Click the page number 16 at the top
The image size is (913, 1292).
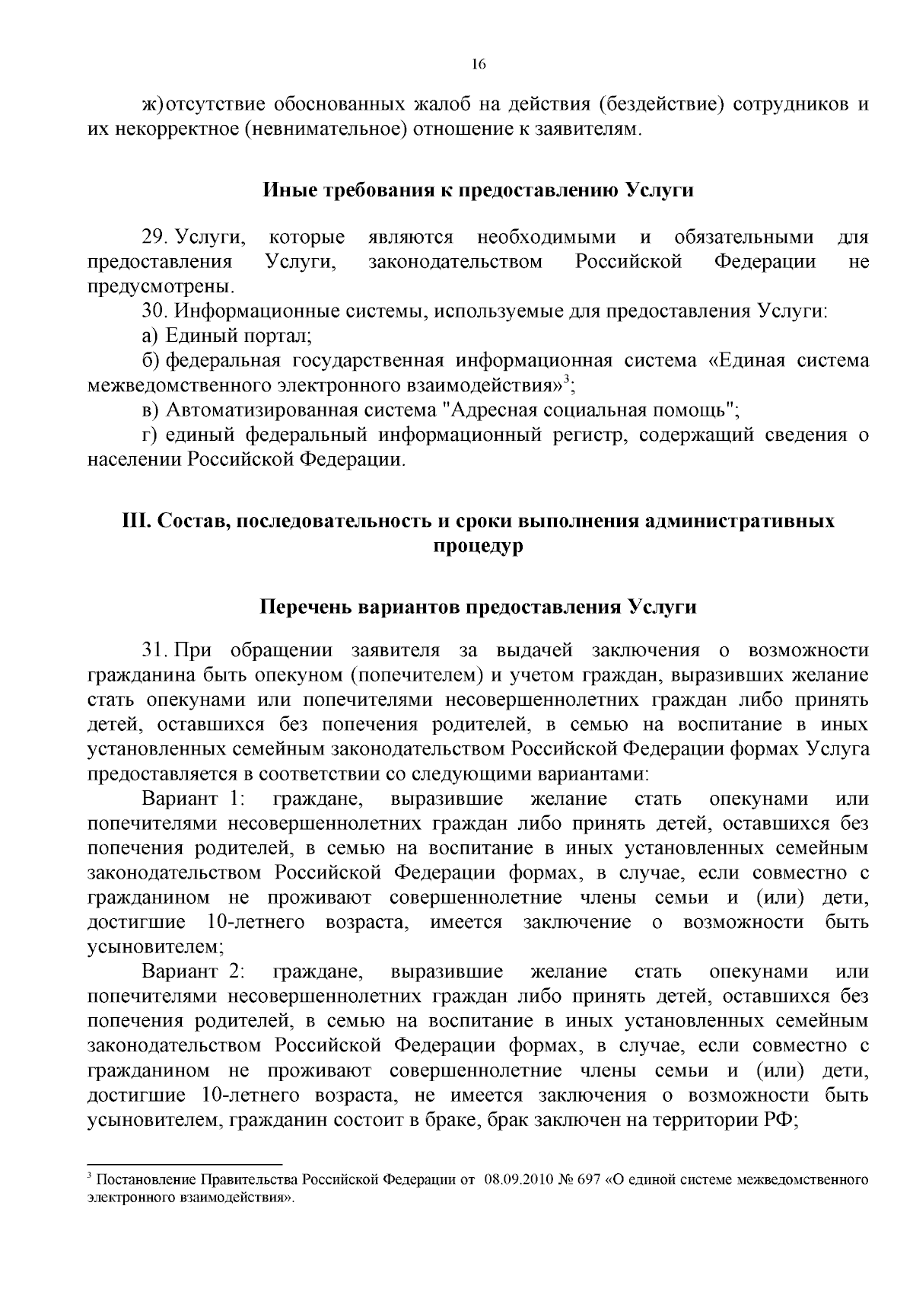(478, 64)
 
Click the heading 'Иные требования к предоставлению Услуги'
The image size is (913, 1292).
(478, 190)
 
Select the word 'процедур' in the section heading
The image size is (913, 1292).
(478, 546)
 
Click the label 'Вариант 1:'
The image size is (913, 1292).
(192, 799)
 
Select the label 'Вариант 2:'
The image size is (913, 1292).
(192, 972)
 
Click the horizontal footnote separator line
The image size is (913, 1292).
(185, 1165)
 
